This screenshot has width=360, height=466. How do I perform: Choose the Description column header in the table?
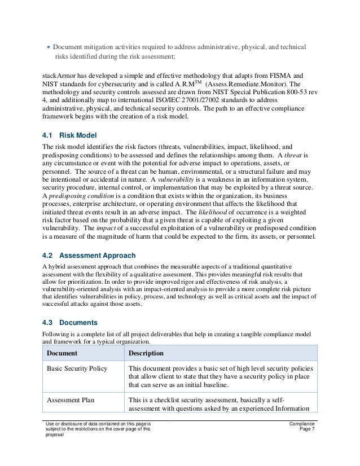click(146, 353)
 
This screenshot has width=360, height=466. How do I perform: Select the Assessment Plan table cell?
click(71, 400)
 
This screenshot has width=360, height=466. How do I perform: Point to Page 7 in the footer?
click(308, 430)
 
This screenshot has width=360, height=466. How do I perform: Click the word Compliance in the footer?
click(302, 423)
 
